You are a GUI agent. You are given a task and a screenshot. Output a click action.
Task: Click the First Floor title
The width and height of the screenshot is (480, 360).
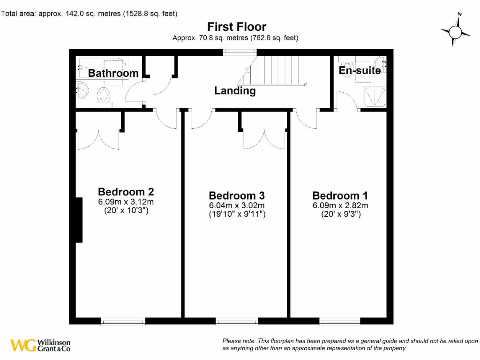coord(237,27)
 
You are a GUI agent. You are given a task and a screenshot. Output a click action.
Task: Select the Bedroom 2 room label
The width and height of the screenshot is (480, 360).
coord(126,192)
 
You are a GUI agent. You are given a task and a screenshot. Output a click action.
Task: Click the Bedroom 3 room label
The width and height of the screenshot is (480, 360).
coord(237,195)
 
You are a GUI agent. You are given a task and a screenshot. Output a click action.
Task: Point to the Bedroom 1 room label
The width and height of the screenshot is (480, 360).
coord(340,195)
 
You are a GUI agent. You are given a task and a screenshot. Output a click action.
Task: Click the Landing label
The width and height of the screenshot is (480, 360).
coord(235,91)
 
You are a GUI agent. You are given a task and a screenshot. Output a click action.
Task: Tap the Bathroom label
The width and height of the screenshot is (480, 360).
coord(113,73)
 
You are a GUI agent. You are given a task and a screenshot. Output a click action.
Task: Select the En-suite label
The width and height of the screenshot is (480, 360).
coord(360,71)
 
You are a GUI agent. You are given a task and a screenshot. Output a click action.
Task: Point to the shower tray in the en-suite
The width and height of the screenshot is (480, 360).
coord(374,96)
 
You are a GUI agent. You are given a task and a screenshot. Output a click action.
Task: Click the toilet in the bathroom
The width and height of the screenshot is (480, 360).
coord(103,96)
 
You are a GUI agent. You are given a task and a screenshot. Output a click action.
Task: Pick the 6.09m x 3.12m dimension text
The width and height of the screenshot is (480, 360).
coord(126,202)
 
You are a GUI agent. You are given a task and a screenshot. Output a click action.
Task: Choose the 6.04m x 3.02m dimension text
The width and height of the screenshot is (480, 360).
coord(237,206)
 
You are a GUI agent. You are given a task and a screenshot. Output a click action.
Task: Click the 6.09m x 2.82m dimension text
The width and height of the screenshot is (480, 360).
coord(340,206)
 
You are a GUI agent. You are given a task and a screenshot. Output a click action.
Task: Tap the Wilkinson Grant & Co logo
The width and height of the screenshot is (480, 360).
coord(41,345)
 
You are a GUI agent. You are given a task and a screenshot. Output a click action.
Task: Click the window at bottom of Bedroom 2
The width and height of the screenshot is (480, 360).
coord(123,322)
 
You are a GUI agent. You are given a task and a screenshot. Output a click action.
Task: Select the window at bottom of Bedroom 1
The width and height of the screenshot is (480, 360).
coord(340,322)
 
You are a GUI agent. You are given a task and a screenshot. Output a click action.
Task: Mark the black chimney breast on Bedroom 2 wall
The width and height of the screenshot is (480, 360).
coord(80,220)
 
